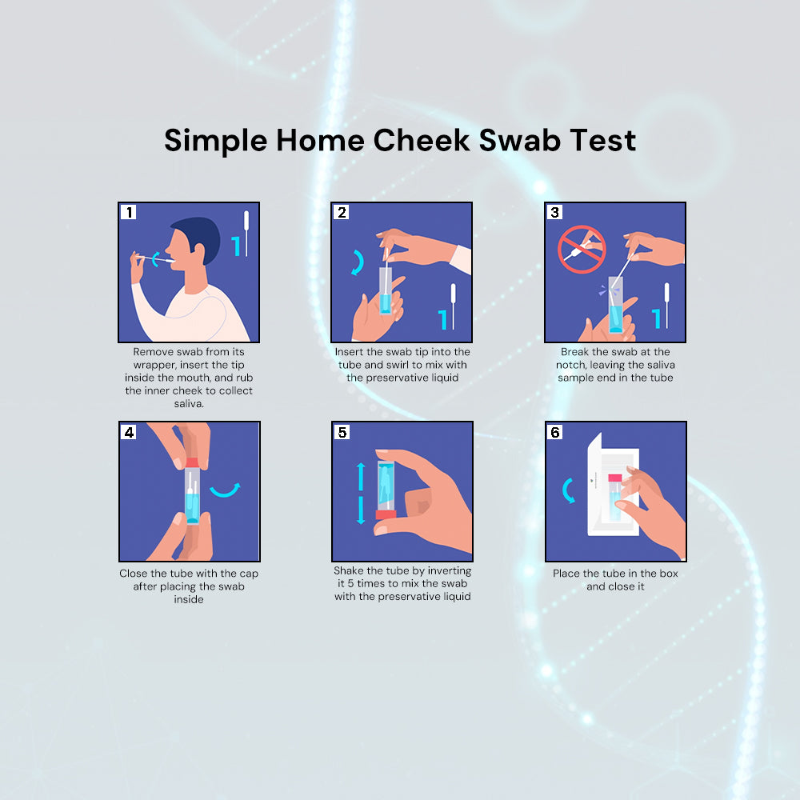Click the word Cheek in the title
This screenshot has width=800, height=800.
coord(421,140)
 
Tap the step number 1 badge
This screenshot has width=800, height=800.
coord(129,212)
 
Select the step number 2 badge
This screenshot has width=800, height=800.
coord(342,212)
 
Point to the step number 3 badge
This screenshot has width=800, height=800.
coord(554,212)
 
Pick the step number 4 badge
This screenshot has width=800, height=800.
coord(129,432)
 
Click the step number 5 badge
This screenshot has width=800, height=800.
coord(342,432)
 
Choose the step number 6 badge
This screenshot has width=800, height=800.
coord(555,432)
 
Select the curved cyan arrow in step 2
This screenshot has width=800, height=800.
coord(360,262)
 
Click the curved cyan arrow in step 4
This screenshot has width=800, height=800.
coord(226,492)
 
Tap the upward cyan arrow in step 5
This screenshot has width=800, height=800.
coord(361,477)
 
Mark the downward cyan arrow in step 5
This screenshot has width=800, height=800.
coord(361,510)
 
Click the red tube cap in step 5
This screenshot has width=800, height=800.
coord(386,514)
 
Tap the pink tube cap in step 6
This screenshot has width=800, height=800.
coord(614,478)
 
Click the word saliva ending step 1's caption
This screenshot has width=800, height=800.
coord(189,403)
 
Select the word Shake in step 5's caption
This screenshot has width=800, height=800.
coord(348,570)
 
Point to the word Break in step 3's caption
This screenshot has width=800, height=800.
coord(575,351)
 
